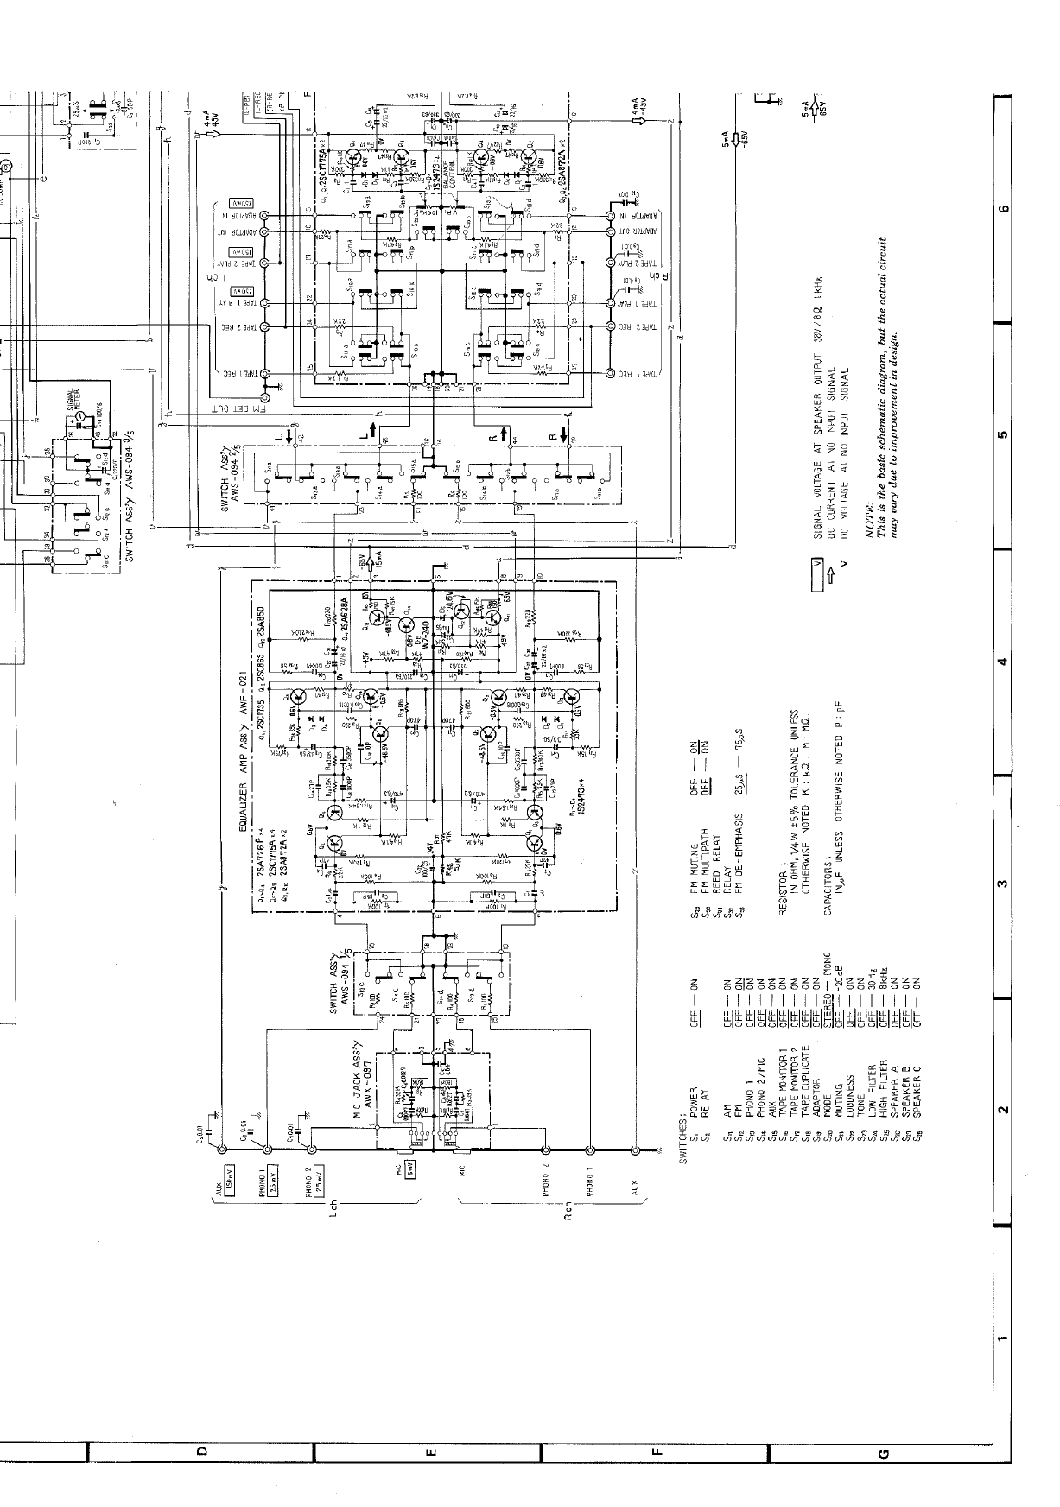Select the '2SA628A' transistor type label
pyautogui.click(x=342, y=615)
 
